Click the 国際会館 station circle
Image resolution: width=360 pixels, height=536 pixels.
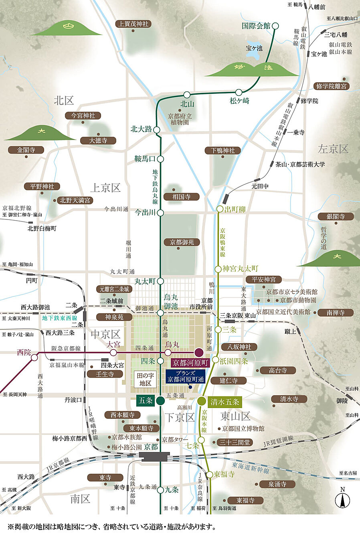[275, 26]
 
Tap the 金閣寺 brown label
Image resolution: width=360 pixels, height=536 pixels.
[26, 150]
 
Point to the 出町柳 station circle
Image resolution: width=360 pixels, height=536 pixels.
[220, 209]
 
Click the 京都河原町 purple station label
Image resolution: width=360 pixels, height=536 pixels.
[190, 363]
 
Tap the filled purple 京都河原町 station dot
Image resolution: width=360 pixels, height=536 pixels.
[198, 353]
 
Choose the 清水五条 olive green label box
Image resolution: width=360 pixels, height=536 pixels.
[224, 402]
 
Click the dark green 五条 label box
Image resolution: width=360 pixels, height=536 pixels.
[145, 400]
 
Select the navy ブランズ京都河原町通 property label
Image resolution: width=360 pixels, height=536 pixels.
[186, 376]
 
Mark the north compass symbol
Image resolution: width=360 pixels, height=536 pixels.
[342, 499]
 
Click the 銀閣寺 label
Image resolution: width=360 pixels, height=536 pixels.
[336, 217]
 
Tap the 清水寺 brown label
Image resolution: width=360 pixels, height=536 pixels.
[289, 399]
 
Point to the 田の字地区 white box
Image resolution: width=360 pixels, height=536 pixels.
[145, 379]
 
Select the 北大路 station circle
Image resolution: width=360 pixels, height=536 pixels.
[157, 130]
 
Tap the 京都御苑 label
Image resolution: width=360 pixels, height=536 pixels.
[182, 242]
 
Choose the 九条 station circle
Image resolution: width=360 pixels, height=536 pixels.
[160, 490]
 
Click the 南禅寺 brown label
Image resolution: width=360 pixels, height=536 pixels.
[335, 313]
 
